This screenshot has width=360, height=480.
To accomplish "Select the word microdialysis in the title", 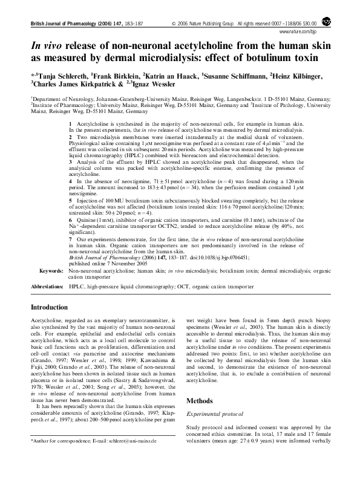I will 183,59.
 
